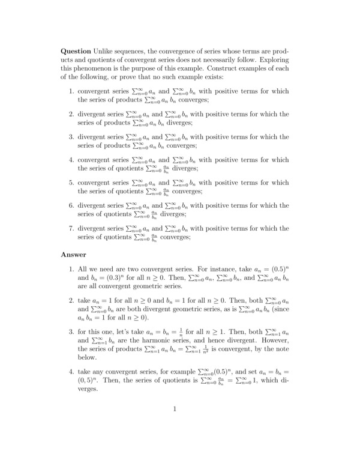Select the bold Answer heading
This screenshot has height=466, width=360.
74,255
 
